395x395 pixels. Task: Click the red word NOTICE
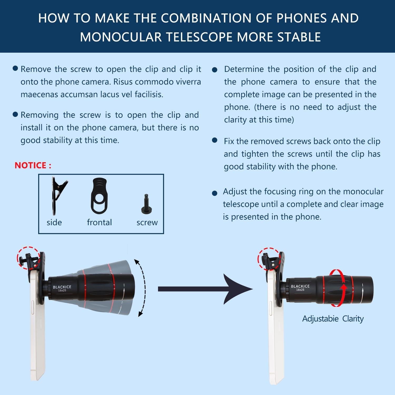[31, 165]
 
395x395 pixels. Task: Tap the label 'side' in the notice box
[54, 223]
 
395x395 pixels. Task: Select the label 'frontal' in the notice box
[99, 223]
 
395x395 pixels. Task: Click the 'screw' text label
[147, 223]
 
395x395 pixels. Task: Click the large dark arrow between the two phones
[205, 289]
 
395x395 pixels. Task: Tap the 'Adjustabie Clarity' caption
[333, 319]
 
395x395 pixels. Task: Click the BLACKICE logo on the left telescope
[62, 287]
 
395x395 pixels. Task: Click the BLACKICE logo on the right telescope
[300, 286]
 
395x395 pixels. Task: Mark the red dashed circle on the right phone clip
[269, 259]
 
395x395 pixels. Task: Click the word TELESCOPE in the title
[199, 37]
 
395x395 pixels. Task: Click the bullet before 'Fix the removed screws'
[215, 140]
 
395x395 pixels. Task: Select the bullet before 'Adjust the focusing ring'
[215, 194]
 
